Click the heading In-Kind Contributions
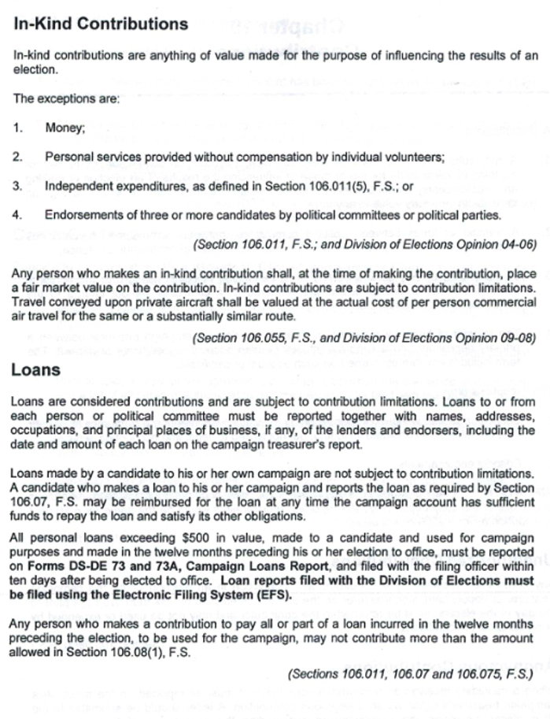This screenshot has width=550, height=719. pos(101,24)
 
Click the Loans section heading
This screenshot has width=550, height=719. pos(36,369)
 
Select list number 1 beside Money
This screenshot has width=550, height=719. pos(17,128)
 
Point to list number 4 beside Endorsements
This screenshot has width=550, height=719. pos(17,215)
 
